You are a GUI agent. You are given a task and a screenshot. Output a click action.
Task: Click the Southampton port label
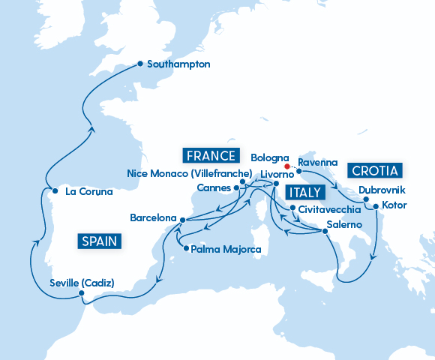179,64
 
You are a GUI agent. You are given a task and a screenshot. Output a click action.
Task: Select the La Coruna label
88,191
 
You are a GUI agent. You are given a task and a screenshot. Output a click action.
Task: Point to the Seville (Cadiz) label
81,283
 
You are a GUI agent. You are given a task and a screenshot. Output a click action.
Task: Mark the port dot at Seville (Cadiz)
80,295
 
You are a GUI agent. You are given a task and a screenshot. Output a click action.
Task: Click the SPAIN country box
100,241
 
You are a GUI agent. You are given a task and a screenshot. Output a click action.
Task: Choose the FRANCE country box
211,156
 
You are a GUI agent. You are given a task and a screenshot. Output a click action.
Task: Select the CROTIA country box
376,169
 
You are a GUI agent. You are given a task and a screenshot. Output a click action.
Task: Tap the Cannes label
213,187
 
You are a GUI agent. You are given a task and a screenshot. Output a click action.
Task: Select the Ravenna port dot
298,172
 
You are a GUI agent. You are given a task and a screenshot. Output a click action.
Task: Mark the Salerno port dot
325,231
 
